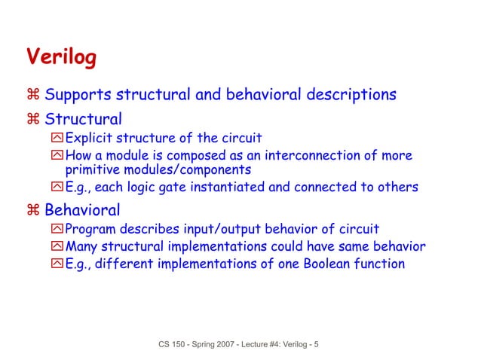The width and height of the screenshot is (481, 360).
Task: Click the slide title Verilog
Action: pos(61,57)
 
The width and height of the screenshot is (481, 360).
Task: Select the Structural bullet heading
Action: pos(83,119)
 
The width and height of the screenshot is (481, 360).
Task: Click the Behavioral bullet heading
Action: pos(82,209)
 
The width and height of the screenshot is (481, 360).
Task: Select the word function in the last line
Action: pos(379,264)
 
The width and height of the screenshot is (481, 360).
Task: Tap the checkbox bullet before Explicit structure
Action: pos(57,139)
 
